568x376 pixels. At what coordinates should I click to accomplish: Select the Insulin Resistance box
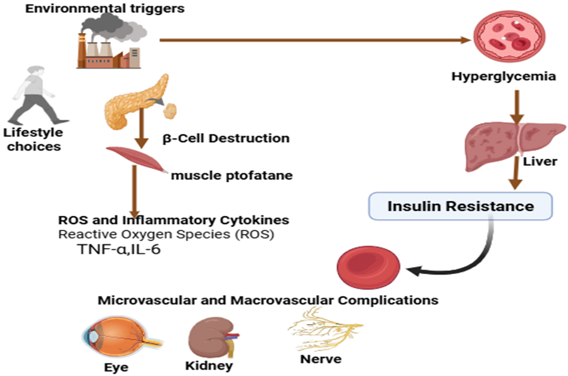(460, 206)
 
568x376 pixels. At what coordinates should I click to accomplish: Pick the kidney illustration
(209, 336)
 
